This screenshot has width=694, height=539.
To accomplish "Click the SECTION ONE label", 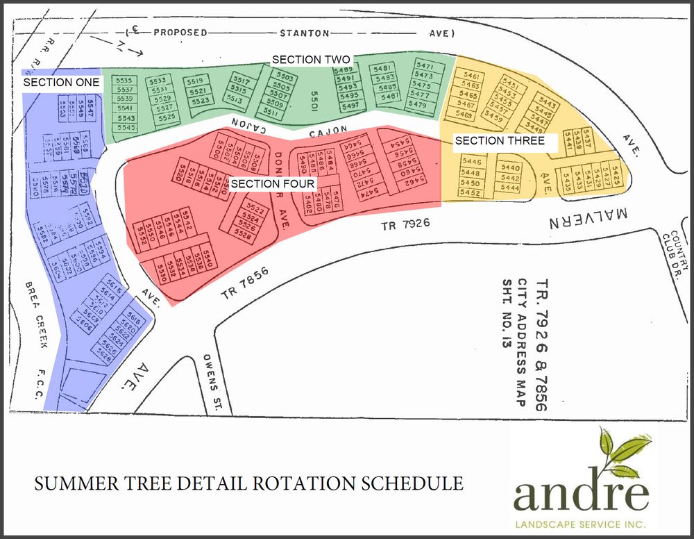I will pyautogui.click(x=62, y=82).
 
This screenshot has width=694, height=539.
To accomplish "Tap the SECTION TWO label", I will pyautogui.click(x=310, y=60).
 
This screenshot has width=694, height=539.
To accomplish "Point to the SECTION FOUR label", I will pyautogui.click(x=273, y=184).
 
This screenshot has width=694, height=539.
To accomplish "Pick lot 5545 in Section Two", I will pyautogui.click(x=126, y=127).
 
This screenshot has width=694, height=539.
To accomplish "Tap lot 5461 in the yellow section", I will pyautogui.click(x=471, y=76).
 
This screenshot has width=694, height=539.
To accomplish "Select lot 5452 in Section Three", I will pyautogui.click(x=470, y=192).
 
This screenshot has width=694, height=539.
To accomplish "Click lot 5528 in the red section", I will pyautogui.click(x=243, y=235).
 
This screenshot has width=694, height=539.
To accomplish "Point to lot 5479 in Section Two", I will pyautogui.click(x=418, y=104).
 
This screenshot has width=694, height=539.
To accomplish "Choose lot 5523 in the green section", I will pyautogui.click(x=199, y=101).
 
